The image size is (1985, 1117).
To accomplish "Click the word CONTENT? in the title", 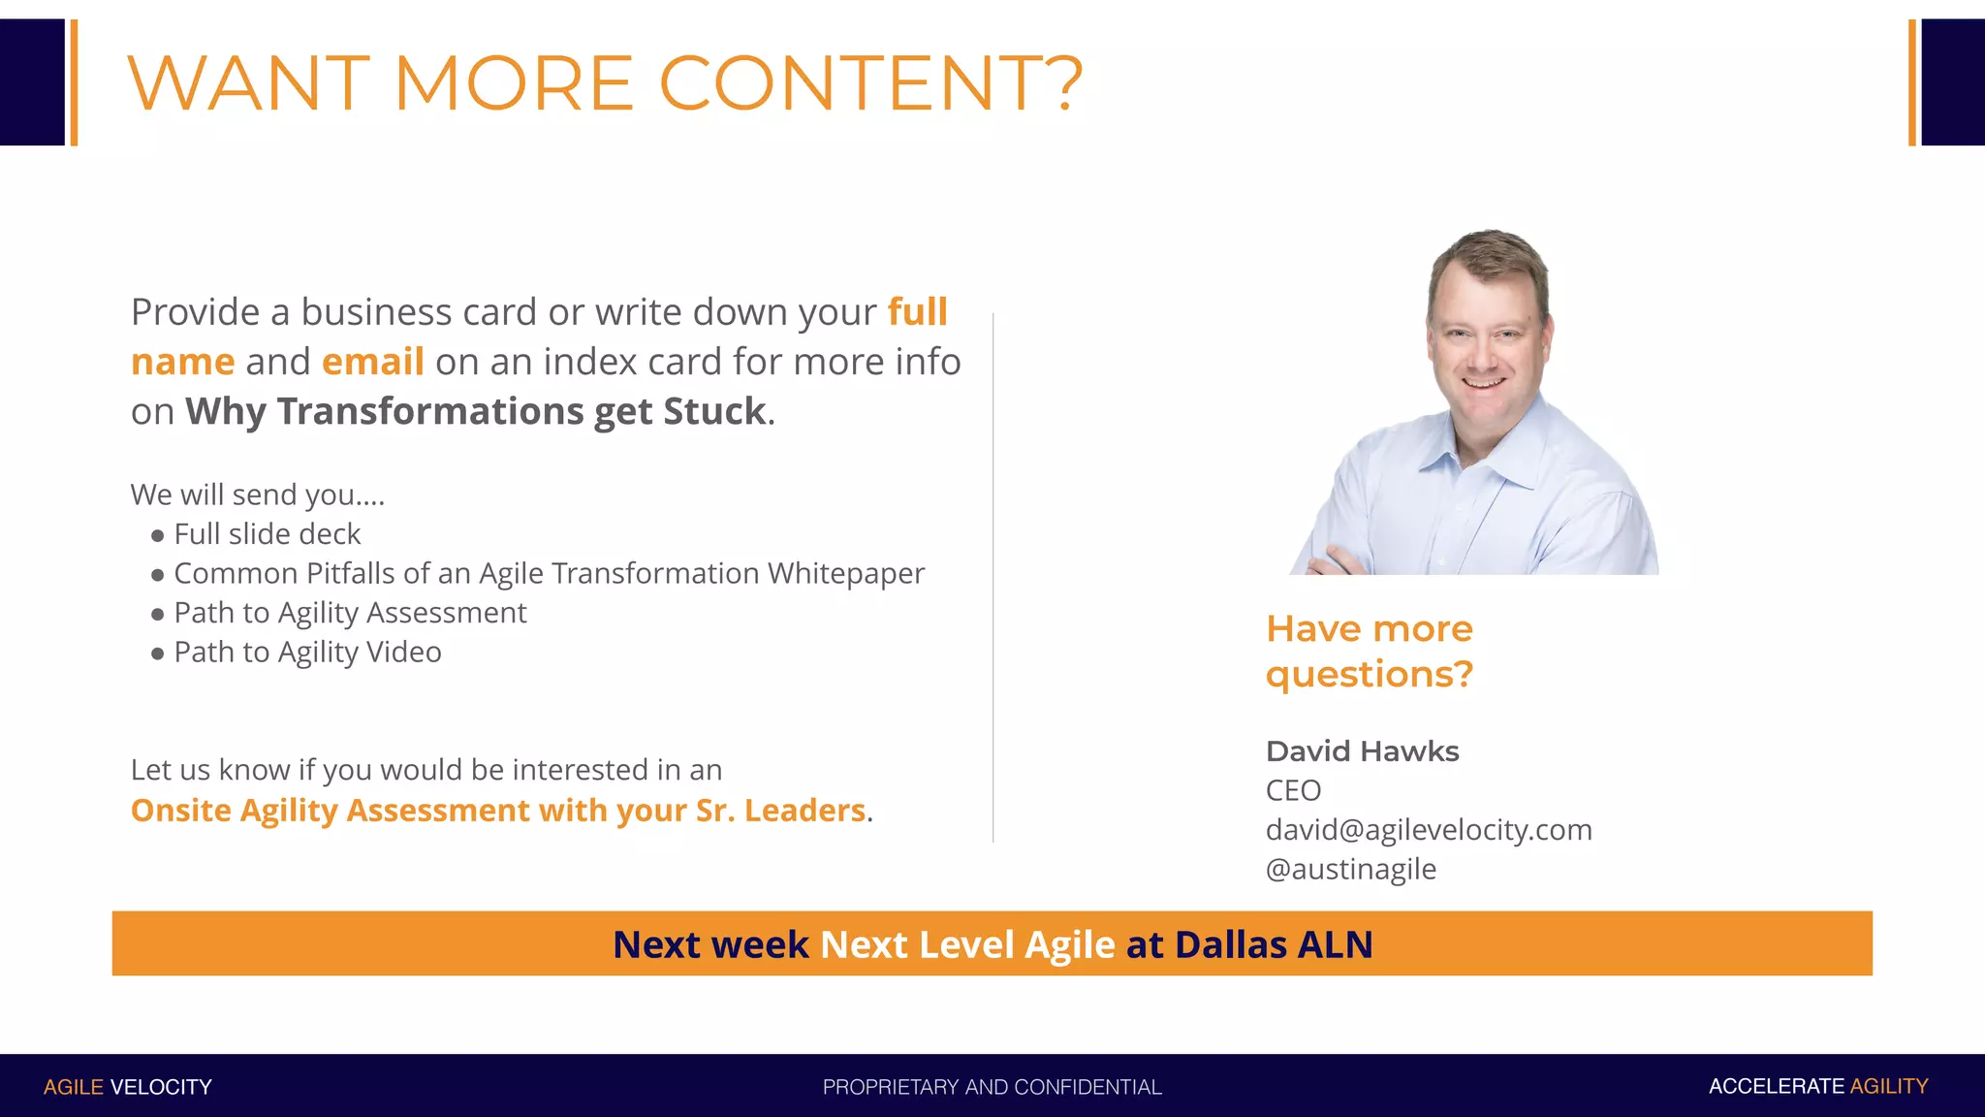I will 869,83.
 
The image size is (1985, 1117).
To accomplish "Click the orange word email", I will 372,362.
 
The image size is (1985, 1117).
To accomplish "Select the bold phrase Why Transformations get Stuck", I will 475,411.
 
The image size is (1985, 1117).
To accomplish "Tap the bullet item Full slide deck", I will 267,534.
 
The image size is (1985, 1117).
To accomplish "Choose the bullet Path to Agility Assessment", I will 350,613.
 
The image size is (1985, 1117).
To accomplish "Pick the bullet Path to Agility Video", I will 307,653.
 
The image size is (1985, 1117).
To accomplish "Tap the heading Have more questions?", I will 1369,652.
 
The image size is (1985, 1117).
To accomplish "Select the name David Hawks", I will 1362,751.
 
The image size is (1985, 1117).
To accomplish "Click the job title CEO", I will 1293,791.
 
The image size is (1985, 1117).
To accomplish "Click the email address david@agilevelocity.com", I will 1429,830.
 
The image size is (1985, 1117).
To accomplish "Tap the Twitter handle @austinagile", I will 1350,870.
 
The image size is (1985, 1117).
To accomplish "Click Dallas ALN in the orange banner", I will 1273,944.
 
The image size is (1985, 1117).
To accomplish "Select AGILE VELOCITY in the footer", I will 127,1087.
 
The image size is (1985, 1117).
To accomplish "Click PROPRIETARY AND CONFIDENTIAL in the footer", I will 992,1087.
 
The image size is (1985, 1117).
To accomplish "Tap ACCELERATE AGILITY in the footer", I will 1817,1087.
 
